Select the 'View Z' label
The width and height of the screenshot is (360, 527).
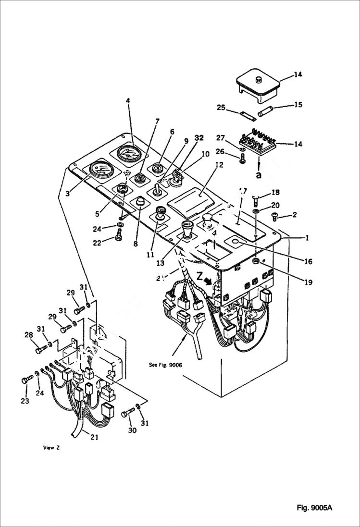point(51,447)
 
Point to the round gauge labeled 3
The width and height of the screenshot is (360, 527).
point(99,170)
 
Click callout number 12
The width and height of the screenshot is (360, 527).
point(219,165)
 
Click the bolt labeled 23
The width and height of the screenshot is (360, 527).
point(25,380)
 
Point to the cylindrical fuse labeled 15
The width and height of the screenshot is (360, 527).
point(266,113)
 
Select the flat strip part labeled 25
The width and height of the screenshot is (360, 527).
point(247,116)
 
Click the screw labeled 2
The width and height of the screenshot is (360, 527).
point(276,217)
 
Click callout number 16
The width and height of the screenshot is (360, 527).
point(308,262)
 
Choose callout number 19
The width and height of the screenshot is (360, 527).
point(308,283)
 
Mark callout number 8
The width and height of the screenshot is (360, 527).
point(136,244)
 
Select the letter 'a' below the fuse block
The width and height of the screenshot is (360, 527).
point(259,175)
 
